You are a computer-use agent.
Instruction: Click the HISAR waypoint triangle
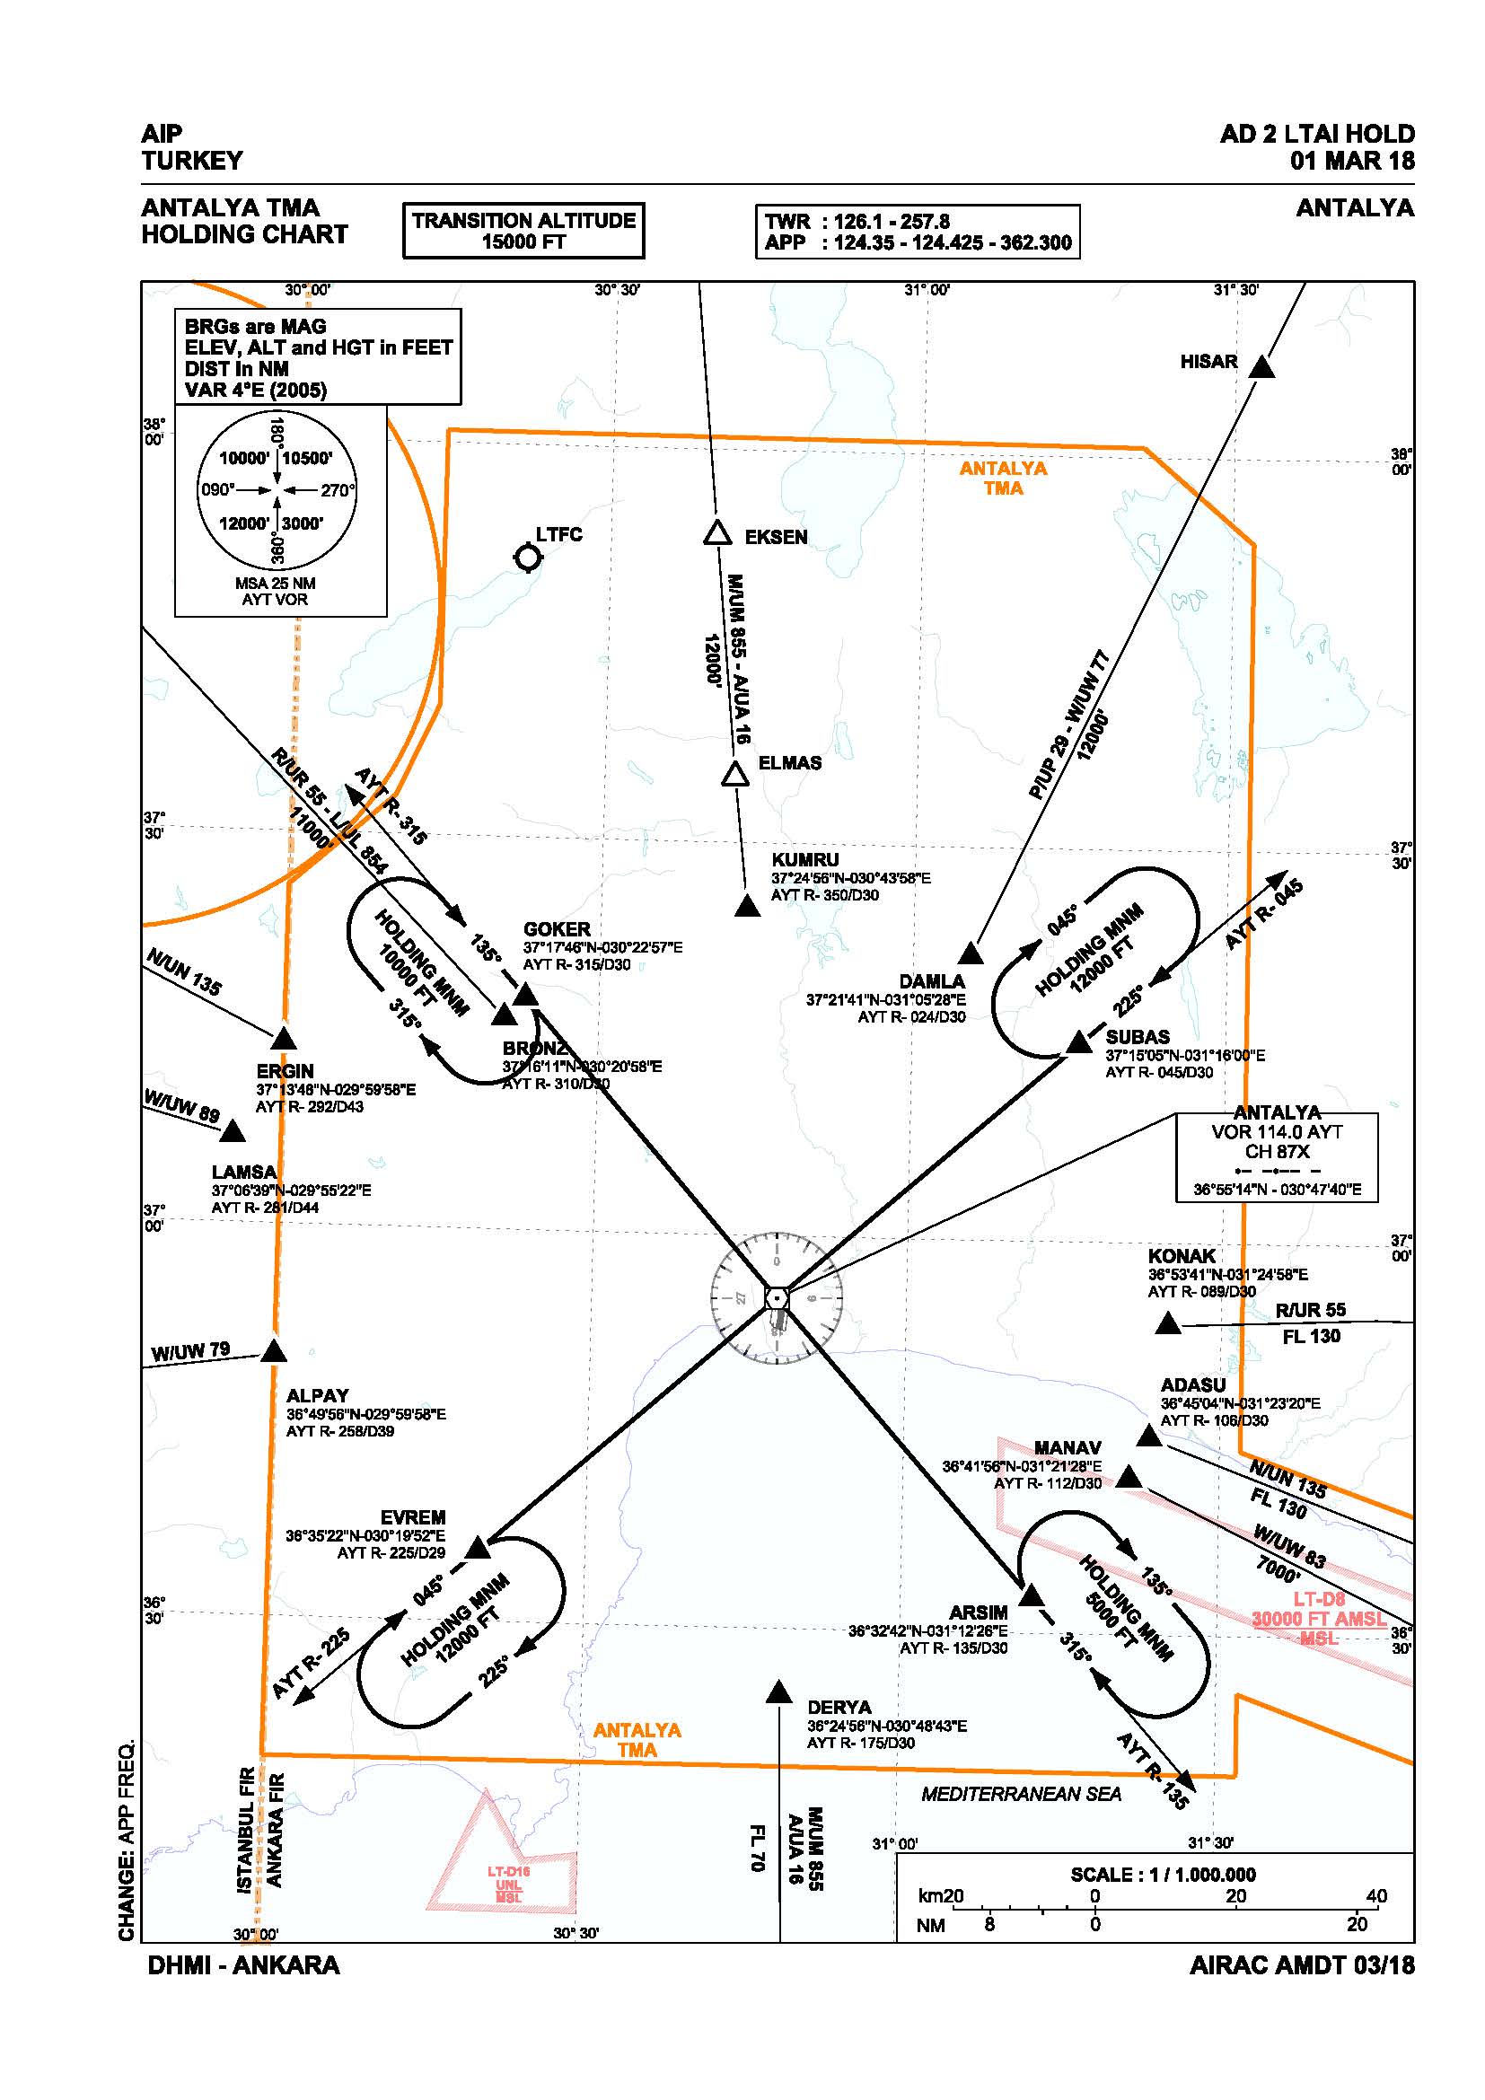[x=1261, y=369]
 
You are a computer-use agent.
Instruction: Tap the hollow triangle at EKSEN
[x=718, y=534]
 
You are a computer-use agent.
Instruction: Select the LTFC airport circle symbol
[x=528, y=556]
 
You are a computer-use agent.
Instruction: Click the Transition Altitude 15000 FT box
[x=523, y=231]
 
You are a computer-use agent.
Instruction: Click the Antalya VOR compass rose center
[x=777, y=1299]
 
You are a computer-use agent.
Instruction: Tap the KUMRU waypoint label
[x=804, y=860]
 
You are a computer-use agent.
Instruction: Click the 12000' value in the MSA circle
[x=243, y=523]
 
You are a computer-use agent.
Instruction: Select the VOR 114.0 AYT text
[x=1277, y=1131]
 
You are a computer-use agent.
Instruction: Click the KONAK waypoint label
[x=1182, y=1256]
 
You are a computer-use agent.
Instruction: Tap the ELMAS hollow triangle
[x=735, y=776]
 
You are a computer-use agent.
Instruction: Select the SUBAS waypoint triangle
[x=1080, y=1042]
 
